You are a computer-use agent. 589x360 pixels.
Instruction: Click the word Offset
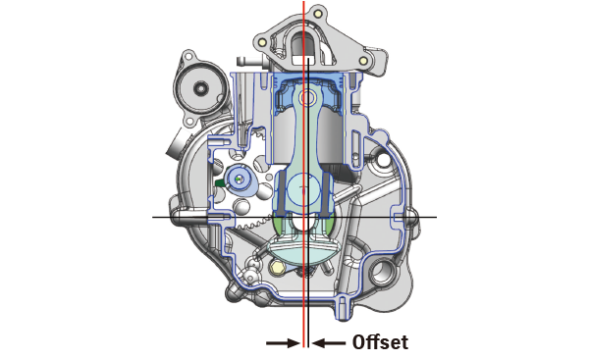tap(379, 342)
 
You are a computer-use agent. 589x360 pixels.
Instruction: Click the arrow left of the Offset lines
tap(283, 342)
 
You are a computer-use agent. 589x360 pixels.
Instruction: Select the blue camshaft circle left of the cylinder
tap(239, 179)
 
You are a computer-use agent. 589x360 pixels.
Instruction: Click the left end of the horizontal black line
tap(154, 216)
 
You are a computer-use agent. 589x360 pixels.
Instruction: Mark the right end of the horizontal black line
tap(436, 216)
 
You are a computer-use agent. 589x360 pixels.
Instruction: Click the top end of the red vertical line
tap(304, 3)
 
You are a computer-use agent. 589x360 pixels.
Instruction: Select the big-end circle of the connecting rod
tap(306, 188)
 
